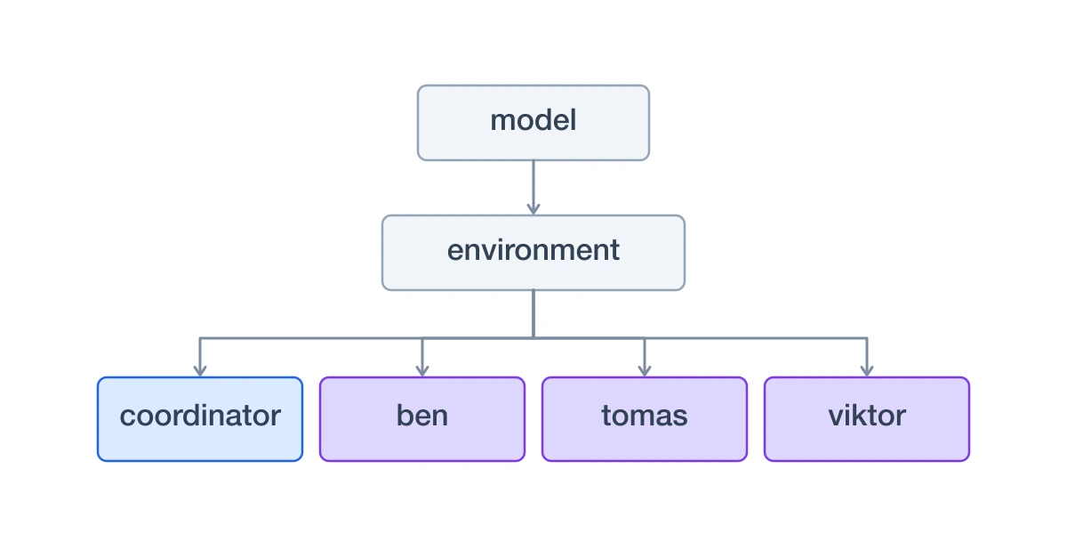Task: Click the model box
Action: (533, 123)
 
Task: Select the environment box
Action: (533, 252)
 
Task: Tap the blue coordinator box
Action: (200, 419)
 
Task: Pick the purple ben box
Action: (422, 419)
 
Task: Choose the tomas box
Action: (645, 419)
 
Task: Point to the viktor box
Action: (867, 419)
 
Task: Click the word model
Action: (533, 120)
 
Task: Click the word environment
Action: (533, 250)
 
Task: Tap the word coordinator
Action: (200, 416)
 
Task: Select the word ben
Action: (422, 416)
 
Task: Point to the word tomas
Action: (645, 416)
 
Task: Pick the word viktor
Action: (867, 416)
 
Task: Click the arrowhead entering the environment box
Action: (533, 209)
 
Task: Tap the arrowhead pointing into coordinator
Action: (200, 370)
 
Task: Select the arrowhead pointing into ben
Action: (422, 370)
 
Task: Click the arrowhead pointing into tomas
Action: (645, 370)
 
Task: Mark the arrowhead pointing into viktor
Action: (867, 370)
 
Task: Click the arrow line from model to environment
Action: (533, 188)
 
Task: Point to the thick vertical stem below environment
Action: (533, 314)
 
